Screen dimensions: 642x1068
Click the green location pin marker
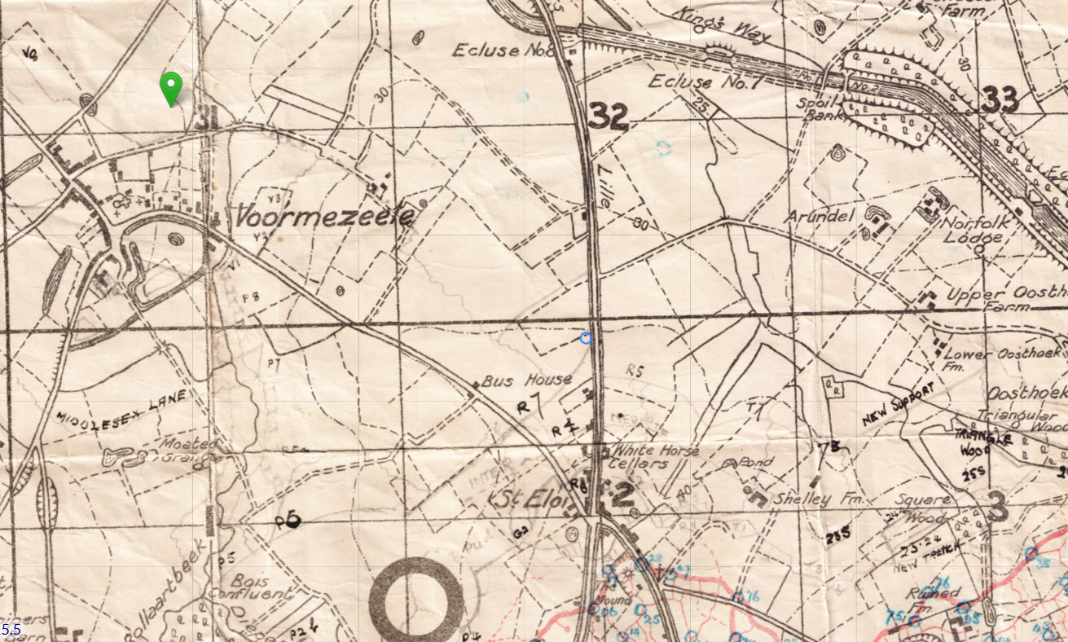(169, 86)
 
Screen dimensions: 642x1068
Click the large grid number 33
(1000, 100)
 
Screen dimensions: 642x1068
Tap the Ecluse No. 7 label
(692, 82)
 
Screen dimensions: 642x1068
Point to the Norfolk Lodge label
(972, 230)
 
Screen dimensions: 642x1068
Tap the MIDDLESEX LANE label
(123, 407)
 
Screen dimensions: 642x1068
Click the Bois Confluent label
(261, 588)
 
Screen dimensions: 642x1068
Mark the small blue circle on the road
(586, 338)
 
